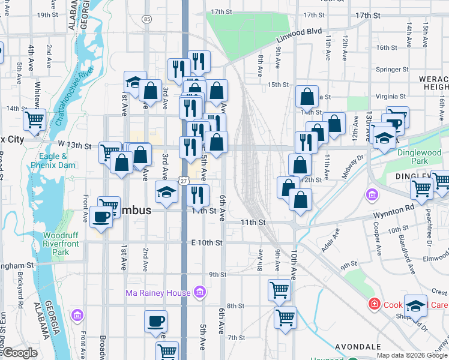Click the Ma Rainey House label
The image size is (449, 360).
pyautogui.click(x=158, y=293)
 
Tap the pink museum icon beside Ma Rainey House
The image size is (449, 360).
pyautogui.click(x=200, y=293)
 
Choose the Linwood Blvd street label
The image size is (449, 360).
pyautogui.click(x=299, y=34)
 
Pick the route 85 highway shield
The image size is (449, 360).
pyautogui.click(x=147, y=20)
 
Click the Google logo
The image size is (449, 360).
pyautogui.click(x=19, y=353)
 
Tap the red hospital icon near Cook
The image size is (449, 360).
pyautogui.click(x=375, y=304)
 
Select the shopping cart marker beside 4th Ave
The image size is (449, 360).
pyautogui.click(x=34, y=119)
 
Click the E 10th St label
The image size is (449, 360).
pyautogui.click(x=207, y=242)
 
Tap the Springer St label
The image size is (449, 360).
pyautogui.click(x=391, y=69)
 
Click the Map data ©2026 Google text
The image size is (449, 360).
pyautogui.click(x=412, y=355)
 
